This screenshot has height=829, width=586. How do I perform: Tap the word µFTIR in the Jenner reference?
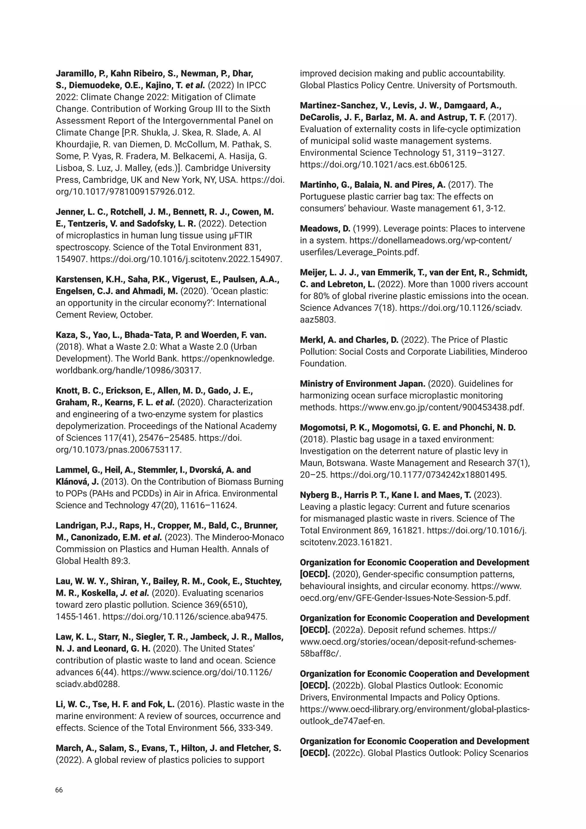241,235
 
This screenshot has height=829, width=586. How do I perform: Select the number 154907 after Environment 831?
71,259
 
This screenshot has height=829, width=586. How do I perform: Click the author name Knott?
66,391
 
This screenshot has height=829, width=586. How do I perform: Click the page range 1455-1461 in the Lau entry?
77,617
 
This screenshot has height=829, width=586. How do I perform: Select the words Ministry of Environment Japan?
362,384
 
